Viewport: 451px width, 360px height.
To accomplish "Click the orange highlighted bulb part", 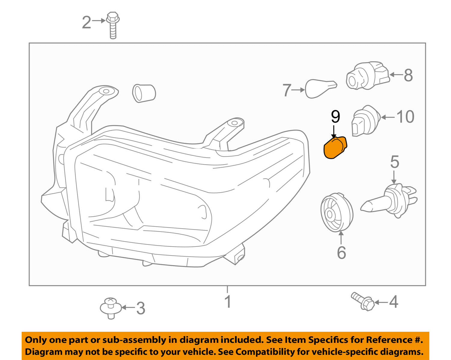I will click(335, 148).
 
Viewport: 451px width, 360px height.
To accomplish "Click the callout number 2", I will click(87, 22).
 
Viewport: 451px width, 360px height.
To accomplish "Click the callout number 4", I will click(394, 302).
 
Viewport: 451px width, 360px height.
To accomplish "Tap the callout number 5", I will click(394, 162).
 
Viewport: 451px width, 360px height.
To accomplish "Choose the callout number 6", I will click(341, 252).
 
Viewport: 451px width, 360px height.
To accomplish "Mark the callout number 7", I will click(287, 90).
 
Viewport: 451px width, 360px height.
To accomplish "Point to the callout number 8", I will click(408, 75).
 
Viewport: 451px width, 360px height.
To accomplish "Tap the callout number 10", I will click(405, 117).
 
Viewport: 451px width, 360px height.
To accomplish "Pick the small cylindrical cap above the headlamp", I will click(144, 93).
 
